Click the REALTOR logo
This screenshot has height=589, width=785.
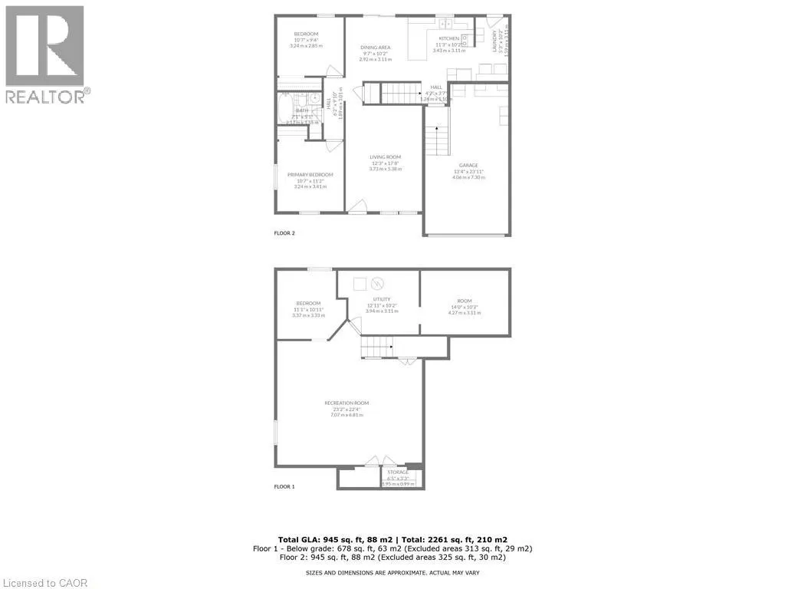45,54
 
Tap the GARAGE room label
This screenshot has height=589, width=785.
468,165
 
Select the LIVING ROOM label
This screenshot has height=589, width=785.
385,157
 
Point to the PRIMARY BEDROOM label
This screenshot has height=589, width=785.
310,175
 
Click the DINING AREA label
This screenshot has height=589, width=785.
376,48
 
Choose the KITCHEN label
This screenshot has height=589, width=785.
448,38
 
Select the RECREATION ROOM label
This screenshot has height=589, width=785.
347,403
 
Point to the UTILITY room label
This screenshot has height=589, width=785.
382,299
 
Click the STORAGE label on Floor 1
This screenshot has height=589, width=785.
397,472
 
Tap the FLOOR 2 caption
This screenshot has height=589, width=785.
284,233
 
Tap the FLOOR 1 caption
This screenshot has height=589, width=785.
284,487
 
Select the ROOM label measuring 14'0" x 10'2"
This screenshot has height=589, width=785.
465,301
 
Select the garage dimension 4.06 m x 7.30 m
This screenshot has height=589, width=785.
468,177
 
